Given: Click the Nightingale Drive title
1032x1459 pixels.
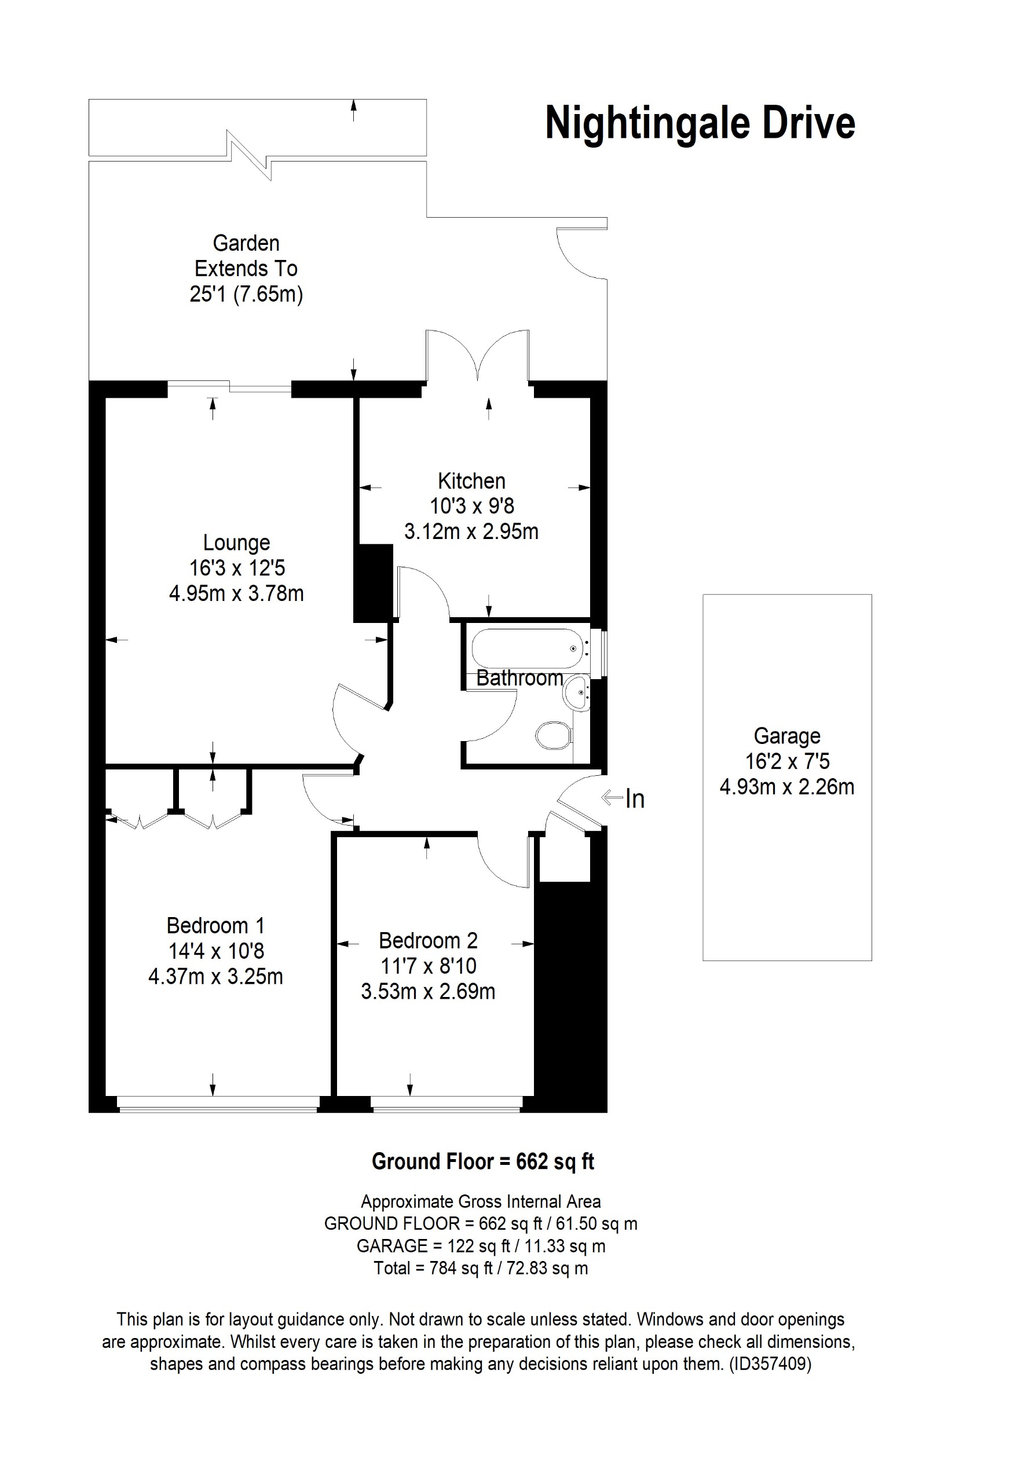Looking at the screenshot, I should click(700, 123).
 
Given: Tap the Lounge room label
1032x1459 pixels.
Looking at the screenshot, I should click(236, 542).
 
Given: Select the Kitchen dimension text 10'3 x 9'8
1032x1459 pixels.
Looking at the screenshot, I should click(471, 506).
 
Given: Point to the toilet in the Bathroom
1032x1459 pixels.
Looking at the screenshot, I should click(553, 736).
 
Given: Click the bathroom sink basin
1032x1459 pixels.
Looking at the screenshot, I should click(577, 692).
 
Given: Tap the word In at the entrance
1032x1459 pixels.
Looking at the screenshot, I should click(634, 800).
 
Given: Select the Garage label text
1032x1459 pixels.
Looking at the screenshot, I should click(786, 736).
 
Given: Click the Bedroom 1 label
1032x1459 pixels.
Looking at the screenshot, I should click(215, 925).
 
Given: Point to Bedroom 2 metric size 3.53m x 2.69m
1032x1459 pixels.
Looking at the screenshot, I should click(427, 991).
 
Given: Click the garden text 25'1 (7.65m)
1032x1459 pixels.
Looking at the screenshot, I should click(246, 294).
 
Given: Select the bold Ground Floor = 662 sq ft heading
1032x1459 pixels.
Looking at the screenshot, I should click(482, 1161).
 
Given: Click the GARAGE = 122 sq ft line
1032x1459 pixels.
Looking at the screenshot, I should click(481, 1246).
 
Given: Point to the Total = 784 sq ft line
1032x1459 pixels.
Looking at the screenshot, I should click(481, 1269).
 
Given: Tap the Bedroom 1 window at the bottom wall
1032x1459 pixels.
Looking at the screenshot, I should click(217, 1108).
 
